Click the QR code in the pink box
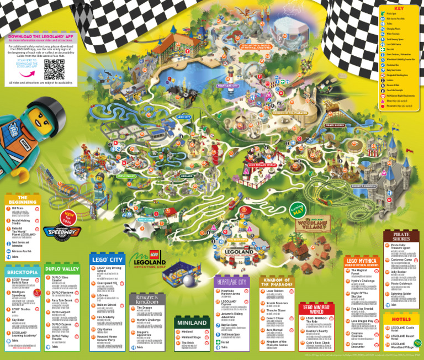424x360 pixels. point(55,68)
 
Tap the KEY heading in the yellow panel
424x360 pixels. point(399,8)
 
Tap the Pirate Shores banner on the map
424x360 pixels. point(335,125)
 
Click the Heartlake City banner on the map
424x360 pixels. point(227,86)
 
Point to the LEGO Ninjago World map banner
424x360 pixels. point(262,165)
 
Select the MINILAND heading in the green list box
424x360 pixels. point(191,322)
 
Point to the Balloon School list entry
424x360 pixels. point(107,305)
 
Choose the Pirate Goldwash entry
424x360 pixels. point(399,283)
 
